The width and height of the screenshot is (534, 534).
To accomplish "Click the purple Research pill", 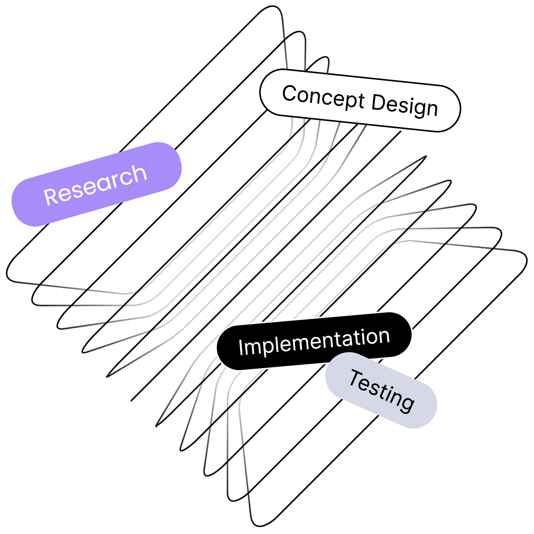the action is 97,184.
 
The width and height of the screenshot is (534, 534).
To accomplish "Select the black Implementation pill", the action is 314,341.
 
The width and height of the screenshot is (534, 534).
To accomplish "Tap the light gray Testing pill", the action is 381,390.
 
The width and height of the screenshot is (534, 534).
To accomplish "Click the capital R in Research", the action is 51,196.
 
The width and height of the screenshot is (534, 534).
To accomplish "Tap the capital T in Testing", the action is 357,379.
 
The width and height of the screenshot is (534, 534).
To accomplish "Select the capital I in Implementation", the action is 241,348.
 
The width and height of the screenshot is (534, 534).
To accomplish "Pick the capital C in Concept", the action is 290,93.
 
